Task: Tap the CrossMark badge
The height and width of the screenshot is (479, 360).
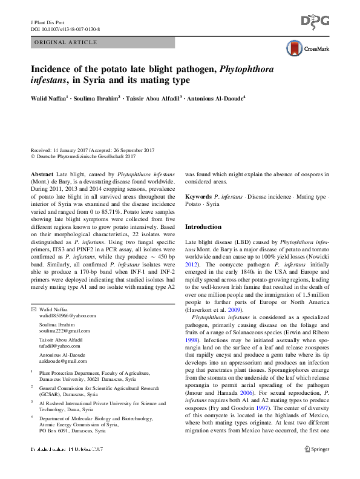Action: tap(308, 48)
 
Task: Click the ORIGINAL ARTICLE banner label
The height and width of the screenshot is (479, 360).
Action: tap(67, 42)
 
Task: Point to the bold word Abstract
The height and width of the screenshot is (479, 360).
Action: tap(42, 174)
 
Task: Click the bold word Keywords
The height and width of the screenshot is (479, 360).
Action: tap(198, 198)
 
